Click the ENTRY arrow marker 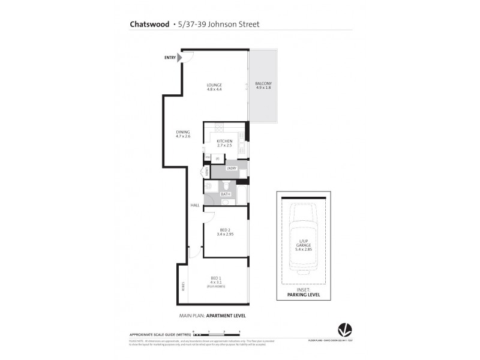pyautogui.click(x=179, y=58)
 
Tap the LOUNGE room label pyautogui.click(x=214, y=85)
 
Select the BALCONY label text pyautogui.click(x=263, y=83)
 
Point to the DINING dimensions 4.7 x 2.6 pyautogui.click(x=183, y=137)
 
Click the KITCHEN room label pyautogui.click(x=224, y=141)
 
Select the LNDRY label pyautogui.click(x=232, y=169)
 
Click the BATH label pyautogui.click(x=225, y=194)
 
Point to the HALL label pyautogui.click(x=195, y=206)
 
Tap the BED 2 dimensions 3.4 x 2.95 pyautogui.click(x=224, y=235)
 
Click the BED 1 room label pyautogui.click(x=216, y=277)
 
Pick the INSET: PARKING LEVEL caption pyautogui.click(x=302, y=292)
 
